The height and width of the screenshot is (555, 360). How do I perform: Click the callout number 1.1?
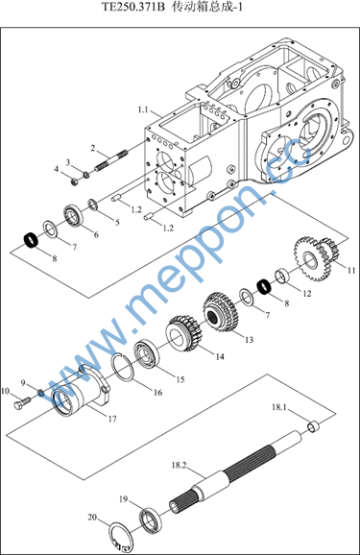click(143, 109)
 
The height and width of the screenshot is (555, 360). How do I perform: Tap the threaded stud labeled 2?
click(110, 160)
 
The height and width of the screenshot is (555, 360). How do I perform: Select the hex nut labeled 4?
click(75, 181)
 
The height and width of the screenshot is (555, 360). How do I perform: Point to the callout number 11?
click(350, 271)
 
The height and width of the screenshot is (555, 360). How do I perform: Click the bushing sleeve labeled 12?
click(282, 276)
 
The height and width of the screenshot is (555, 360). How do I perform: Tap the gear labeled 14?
click(183, 333)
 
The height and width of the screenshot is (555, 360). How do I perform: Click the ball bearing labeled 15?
click(146, 353)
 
